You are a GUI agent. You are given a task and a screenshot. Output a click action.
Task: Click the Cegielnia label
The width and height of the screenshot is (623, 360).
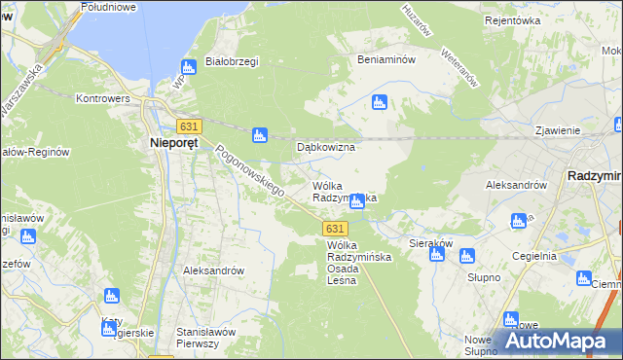(534, 256)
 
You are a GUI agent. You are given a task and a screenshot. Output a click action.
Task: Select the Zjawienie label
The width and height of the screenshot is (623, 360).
(558, 130)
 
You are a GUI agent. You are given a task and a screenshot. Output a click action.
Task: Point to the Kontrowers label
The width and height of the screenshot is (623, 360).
(102, 98)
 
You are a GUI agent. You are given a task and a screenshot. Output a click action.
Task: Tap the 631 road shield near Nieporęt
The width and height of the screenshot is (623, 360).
(189, 126)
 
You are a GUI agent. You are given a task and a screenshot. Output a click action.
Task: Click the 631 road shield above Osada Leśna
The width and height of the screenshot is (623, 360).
(333, 228)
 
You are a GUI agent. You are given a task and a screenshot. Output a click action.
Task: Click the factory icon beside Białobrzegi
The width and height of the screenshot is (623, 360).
(189, 68)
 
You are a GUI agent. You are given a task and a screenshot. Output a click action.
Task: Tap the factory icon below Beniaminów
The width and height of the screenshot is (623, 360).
(380, 101)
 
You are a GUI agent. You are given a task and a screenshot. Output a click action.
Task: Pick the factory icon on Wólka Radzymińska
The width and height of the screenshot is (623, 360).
(357, 201)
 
